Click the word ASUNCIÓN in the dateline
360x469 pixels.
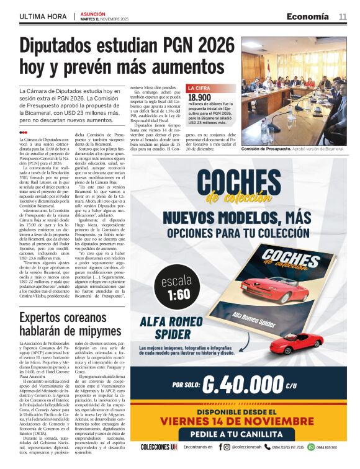(93, 13)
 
